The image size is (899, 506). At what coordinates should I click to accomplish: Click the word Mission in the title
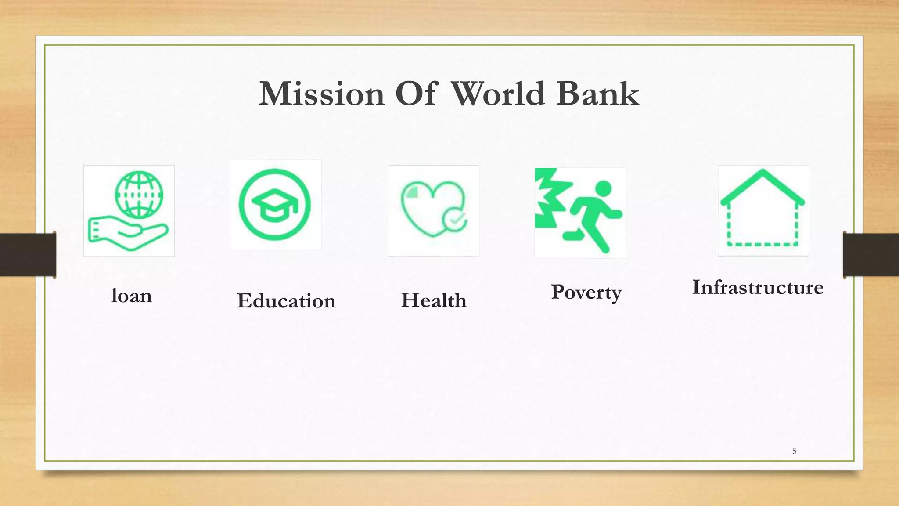[322, 94]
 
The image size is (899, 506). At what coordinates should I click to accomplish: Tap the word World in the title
[498, 94]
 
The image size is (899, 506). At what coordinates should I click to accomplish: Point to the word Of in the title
[416, 94]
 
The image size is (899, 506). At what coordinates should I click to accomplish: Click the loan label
[132, 296]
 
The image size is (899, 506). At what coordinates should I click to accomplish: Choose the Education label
[286, 301]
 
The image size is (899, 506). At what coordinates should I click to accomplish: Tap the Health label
[434, 300]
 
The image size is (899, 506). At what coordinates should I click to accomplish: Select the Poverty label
[586, 293]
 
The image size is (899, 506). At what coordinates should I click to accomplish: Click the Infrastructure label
[758, 287]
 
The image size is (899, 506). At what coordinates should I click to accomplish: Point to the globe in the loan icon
[139, 194]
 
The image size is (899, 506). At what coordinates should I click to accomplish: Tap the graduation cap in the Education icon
[275, 205]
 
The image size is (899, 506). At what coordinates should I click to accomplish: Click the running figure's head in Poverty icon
[604, 188]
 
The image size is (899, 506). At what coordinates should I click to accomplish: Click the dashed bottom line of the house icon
[763, 244]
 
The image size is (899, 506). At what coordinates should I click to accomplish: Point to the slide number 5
[794, 451]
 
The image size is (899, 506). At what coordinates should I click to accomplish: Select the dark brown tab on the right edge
[871, 255]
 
